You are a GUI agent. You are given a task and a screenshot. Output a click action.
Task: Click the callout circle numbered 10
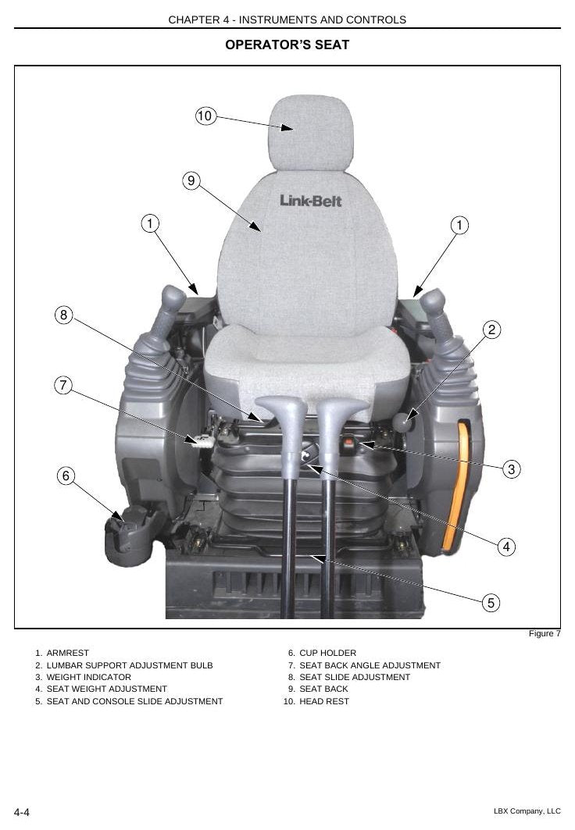pyautogui.click(x=205, y=116)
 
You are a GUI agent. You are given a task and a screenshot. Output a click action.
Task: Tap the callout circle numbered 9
pyautogui.click(x=191, y=180)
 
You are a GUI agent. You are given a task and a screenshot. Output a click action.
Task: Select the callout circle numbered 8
pyautogui.click(x=63, y=315)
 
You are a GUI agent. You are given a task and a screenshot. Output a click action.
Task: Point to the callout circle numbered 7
pyautogui.click(x=63, y=385)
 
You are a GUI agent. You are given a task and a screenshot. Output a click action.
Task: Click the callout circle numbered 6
pyautogui.click(x=66, y=476)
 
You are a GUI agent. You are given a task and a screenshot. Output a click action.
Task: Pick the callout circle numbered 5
pyautogui.click(x=491, y=602)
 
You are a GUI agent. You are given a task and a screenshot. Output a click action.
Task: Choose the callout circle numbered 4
pyautogui.click(x=506, y=547)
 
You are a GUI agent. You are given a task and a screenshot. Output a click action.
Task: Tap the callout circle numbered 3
pyautogui.click(x=511, y=469)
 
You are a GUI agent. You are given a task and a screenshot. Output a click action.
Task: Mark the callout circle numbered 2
pyautogui.click(x=492, y=330)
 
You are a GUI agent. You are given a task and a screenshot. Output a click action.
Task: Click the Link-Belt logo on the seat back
pyautogui.click(x=311, y=201)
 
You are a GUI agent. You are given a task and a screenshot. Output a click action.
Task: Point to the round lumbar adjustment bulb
pyautogui.click(x=402, y=423)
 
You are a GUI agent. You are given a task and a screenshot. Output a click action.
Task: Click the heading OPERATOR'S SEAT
pyautogui.click(x=287, y=45)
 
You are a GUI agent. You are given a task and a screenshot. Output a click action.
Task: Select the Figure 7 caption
pyautogui.click(x=545, y=633)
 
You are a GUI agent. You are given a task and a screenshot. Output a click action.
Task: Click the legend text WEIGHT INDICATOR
pyautogui.click(x=88, y=677)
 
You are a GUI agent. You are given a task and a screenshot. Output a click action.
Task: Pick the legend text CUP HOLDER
pyautogui.click(x=328, y=654)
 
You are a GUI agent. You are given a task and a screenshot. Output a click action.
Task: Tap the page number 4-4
pyautogui.click(x=22, y=812)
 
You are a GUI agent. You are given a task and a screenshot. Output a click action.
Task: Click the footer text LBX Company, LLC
pyautogui.click(x=527, y=811)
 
